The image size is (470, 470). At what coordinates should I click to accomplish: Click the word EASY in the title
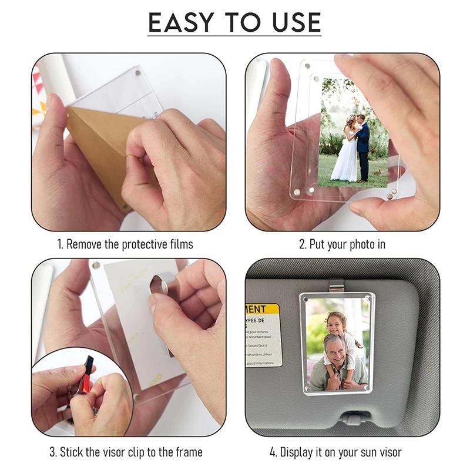point(184,23)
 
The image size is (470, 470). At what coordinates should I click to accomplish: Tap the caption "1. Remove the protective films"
point(125,244)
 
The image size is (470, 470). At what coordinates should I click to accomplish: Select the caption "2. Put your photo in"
point(343,244)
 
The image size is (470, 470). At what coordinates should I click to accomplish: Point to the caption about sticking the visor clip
point(125,452)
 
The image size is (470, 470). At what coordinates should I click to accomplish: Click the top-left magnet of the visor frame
point(306,299)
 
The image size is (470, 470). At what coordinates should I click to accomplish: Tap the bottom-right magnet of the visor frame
point(368,388)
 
